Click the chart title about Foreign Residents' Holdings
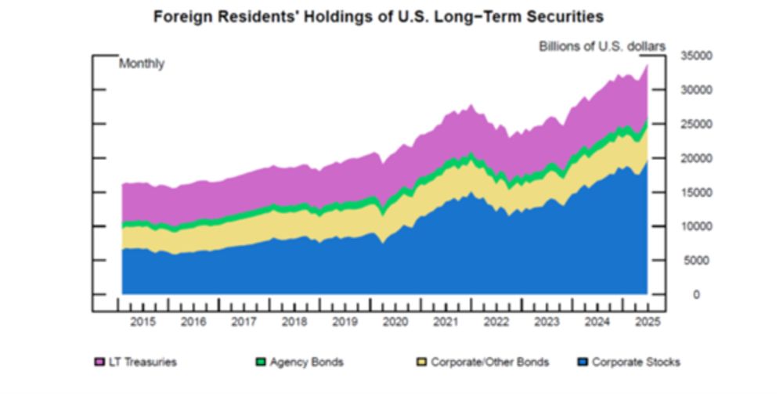point(379,16)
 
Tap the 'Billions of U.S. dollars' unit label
point(601,46)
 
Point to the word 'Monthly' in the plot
point(141,64)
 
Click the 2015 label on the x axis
point(143,321)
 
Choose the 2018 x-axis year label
point(294,321)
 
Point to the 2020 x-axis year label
point(395,321)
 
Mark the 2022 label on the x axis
point(496,321)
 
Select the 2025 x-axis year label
point(647,321)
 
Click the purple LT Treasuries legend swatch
point(99,362)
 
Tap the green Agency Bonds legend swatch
point(261,362)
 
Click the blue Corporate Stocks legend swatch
point(583,362)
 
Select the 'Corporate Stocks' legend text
point(636,362)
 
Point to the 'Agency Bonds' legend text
point(306,362)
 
